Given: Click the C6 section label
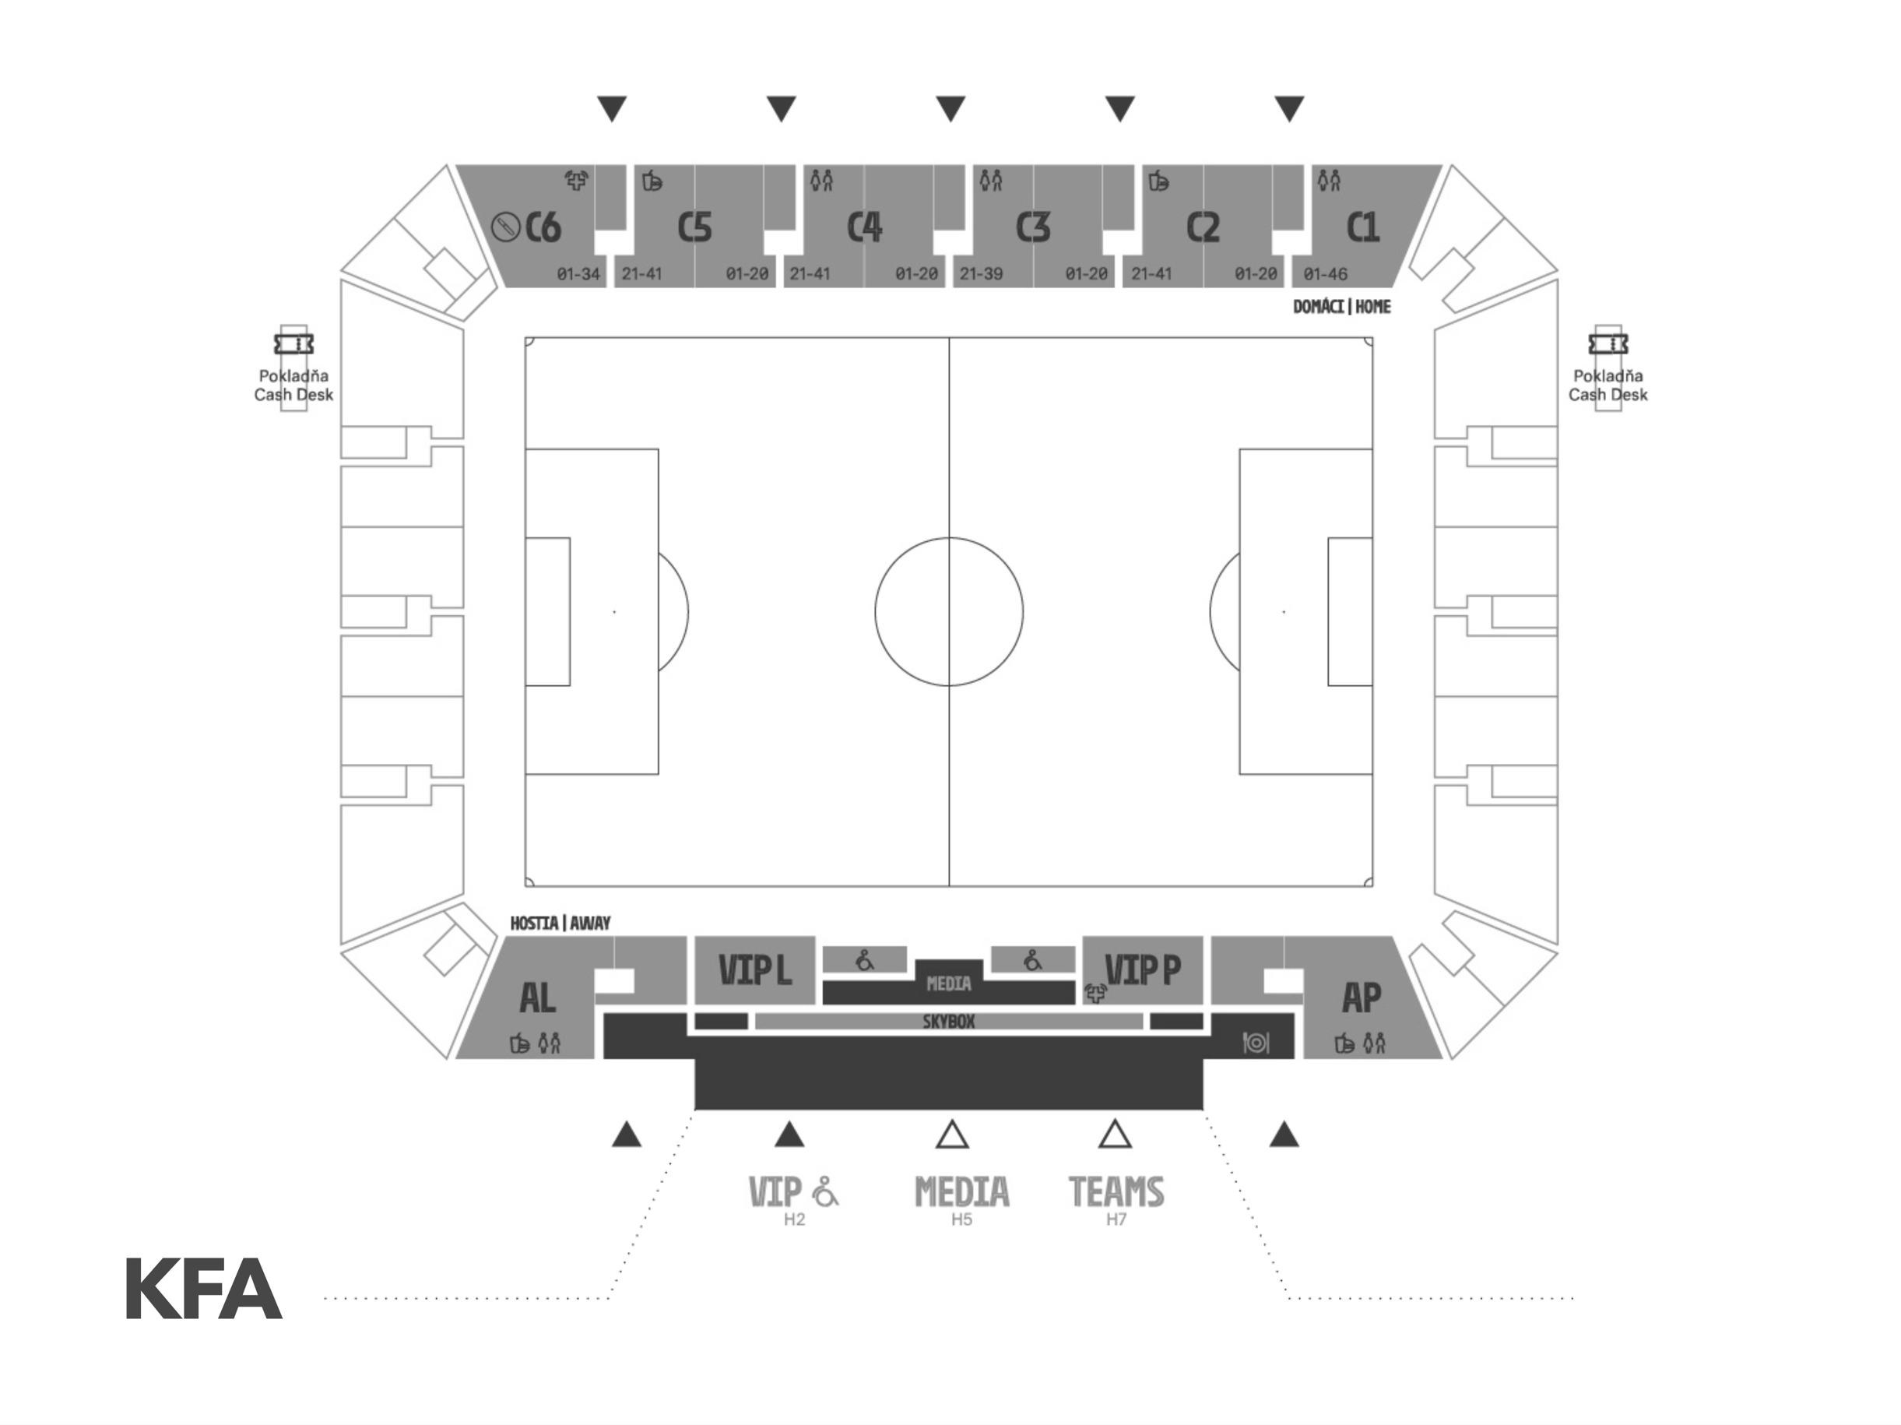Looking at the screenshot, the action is pyautogui.click(x=543, y=227).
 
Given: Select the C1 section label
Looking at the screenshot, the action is pyautogui.click(x=1362, y=227).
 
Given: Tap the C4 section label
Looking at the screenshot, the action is pyautogui.click(x=865, y=227).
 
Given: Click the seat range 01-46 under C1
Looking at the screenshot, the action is pyautogui.click(x=1325, y=274).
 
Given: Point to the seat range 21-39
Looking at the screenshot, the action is pyautogui.click(x=982, y=274).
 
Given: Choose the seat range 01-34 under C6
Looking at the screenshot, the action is pyautogui.click(x=578, y=274).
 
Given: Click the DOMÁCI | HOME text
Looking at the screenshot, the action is pyautogui.click(x=1341, y=307).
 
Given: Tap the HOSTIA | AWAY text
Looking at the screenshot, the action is pyautogui.click(x=560, y=923).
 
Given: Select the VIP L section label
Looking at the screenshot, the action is pyautogui.click(x=754, y=970).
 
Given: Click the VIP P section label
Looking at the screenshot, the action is pyautogui.click(x=1143, y=970).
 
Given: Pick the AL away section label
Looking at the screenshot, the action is pyautogui.click(x=538, y=997).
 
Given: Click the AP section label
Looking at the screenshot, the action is pyautogui.click(x=1362, y=997).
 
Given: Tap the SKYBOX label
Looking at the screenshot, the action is pyautogui.click(x=949, y=1022).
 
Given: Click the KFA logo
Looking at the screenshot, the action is pyautogui.click(x=204, y=1289).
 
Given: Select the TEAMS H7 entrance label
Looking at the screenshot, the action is pyautogui.click(x=1116, y=1200).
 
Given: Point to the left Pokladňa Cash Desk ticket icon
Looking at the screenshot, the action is pyautogui.click(x=294, y=343).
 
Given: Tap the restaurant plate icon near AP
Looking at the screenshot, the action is pyautogui.click(x=1256, y=1043).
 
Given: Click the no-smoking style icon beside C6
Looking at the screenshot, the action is pyautogui.click(x=505, y=227).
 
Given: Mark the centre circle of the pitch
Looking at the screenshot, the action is pyautogui.click(x=949, y=612).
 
